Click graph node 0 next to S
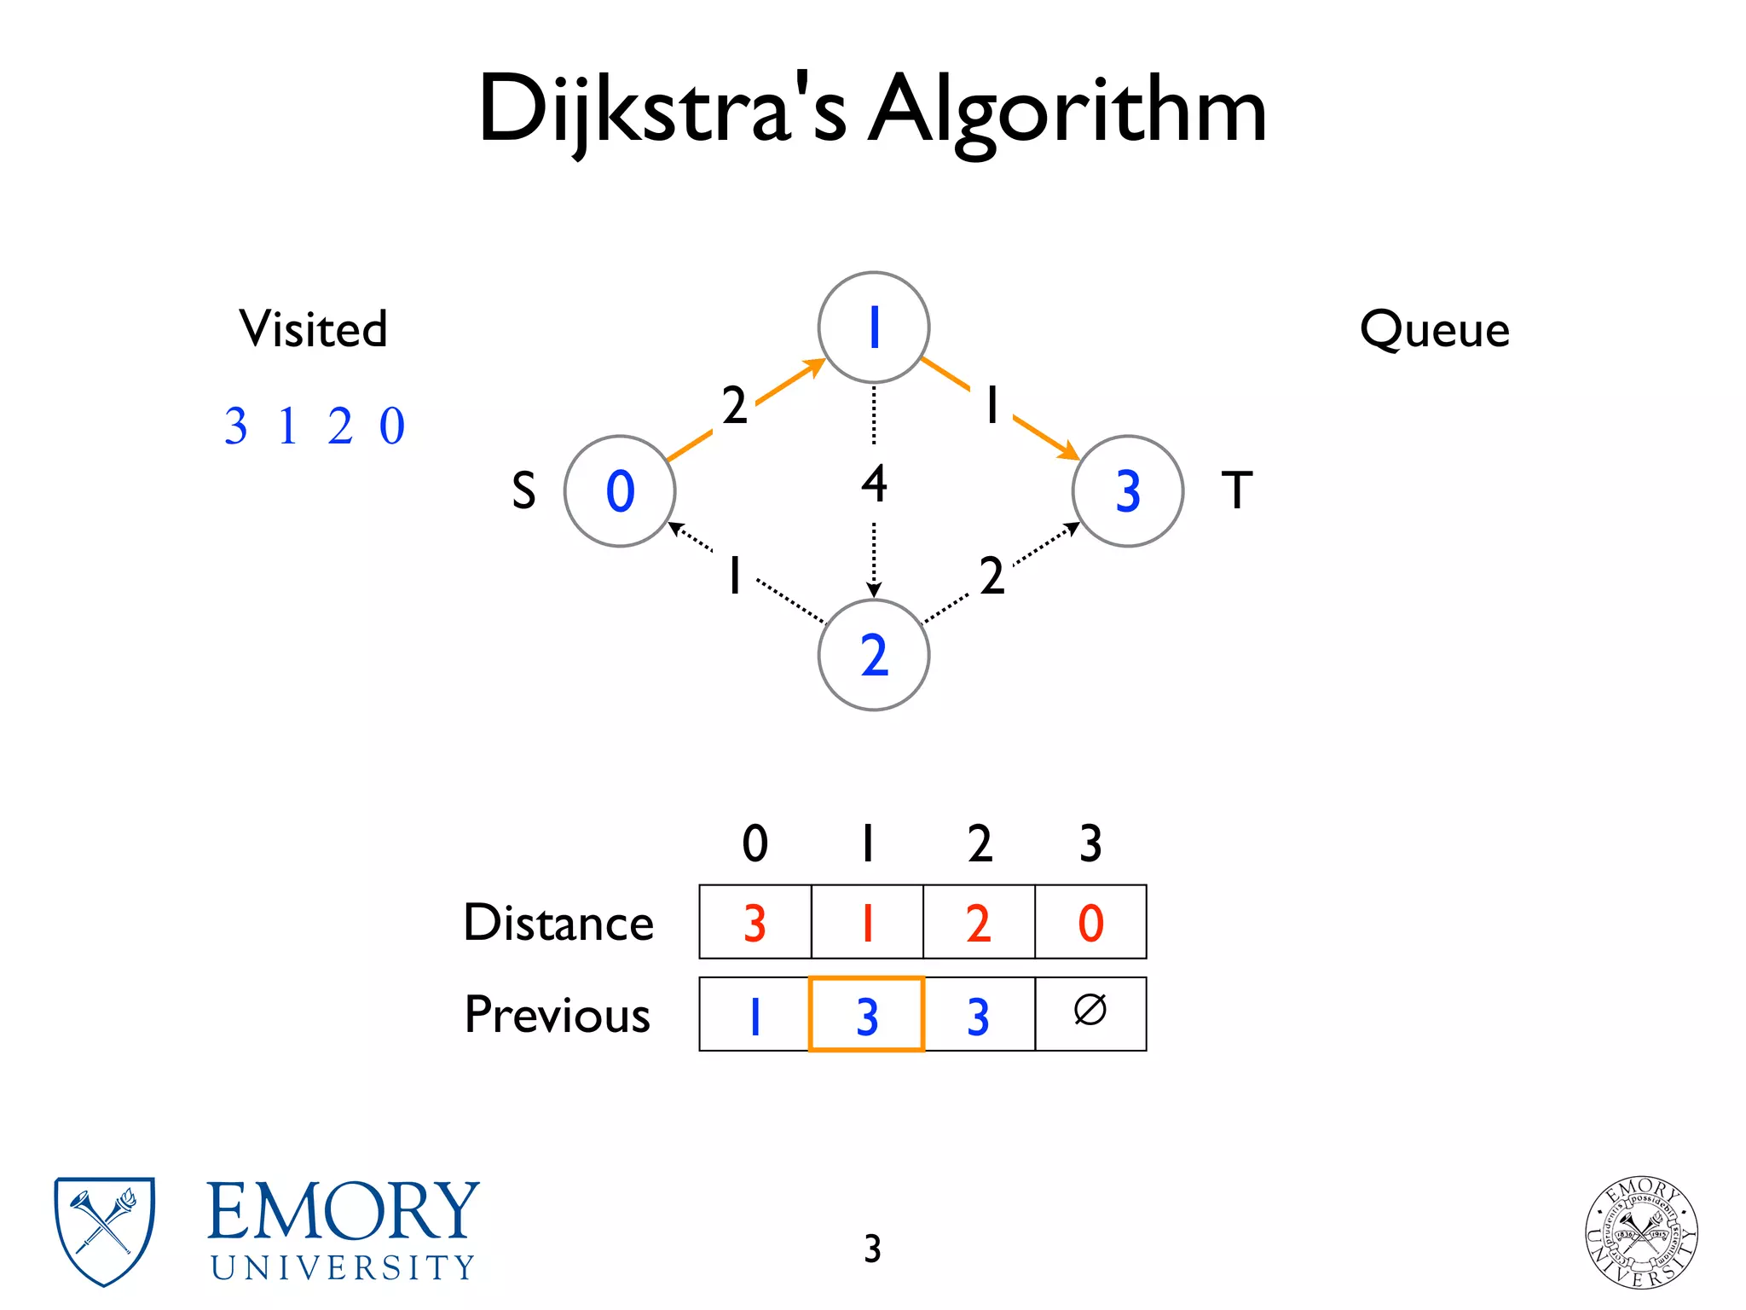tap(620, 491)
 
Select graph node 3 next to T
tap(1127, 491)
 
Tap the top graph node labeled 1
tap(873, 327)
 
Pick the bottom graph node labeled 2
tap(873, 655)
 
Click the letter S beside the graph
tap(523, 491)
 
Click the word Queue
tap(1434, 330)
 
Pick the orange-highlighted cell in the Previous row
tap(866, 1014)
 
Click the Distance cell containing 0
tap(1090, 922)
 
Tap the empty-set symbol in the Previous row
tap(1090, 1011)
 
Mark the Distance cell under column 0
tap(754, 922)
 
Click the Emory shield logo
tap(104, 1231)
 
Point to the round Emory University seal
tap(1641, 1232)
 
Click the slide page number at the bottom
tap(872, 1249)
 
